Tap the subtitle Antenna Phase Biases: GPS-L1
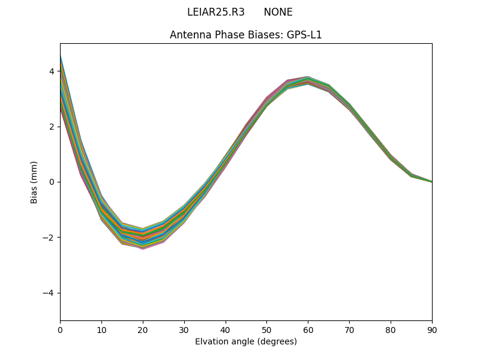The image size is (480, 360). (x=246, y=35)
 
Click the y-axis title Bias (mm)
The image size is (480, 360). (x=34, y=182)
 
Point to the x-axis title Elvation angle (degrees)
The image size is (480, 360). (x=246, y=341)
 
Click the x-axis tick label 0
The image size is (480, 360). (x=60, y=329)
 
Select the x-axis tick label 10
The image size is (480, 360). (x=101, y=329)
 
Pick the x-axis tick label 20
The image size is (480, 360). (x=143, y=329)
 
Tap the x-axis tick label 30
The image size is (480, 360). (x=184, y=329)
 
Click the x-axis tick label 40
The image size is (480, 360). (x=226, y=329)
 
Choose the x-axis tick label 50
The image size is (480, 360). (x=266, y=329)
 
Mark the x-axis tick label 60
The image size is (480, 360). (x=308, y=329)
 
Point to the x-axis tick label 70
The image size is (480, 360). (x=349, y=329)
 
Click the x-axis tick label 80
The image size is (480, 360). (x=391, y=329)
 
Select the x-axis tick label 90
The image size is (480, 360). (x=432, y=329)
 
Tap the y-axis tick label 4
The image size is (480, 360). (x=52, y=71)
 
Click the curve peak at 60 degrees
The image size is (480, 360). (x=308, y=80)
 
